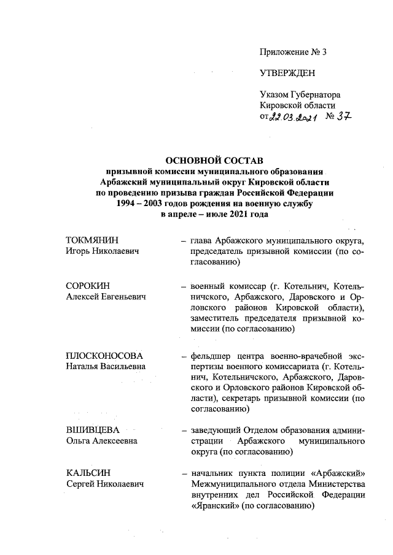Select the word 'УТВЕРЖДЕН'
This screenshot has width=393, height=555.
(287, 73)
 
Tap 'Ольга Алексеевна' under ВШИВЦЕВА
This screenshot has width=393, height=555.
(102, 441)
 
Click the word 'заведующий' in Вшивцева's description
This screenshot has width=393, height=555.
(216, 430)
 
